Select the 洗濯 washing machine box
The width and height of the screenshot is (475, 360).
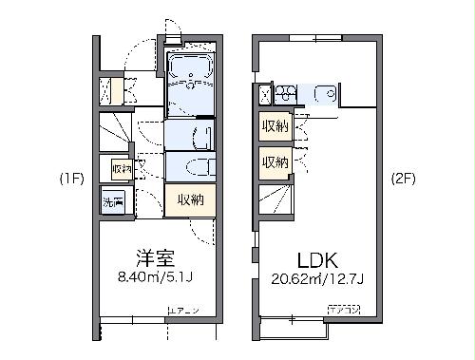tap(112, 201)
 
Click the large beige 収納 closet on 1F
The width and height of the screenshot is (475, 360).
tap(189, 199)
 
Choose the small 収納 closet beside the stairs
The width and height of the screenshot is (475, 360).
tap(121, 169)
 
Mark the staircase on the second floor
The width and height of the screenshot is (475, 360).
tap(275, 200)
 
